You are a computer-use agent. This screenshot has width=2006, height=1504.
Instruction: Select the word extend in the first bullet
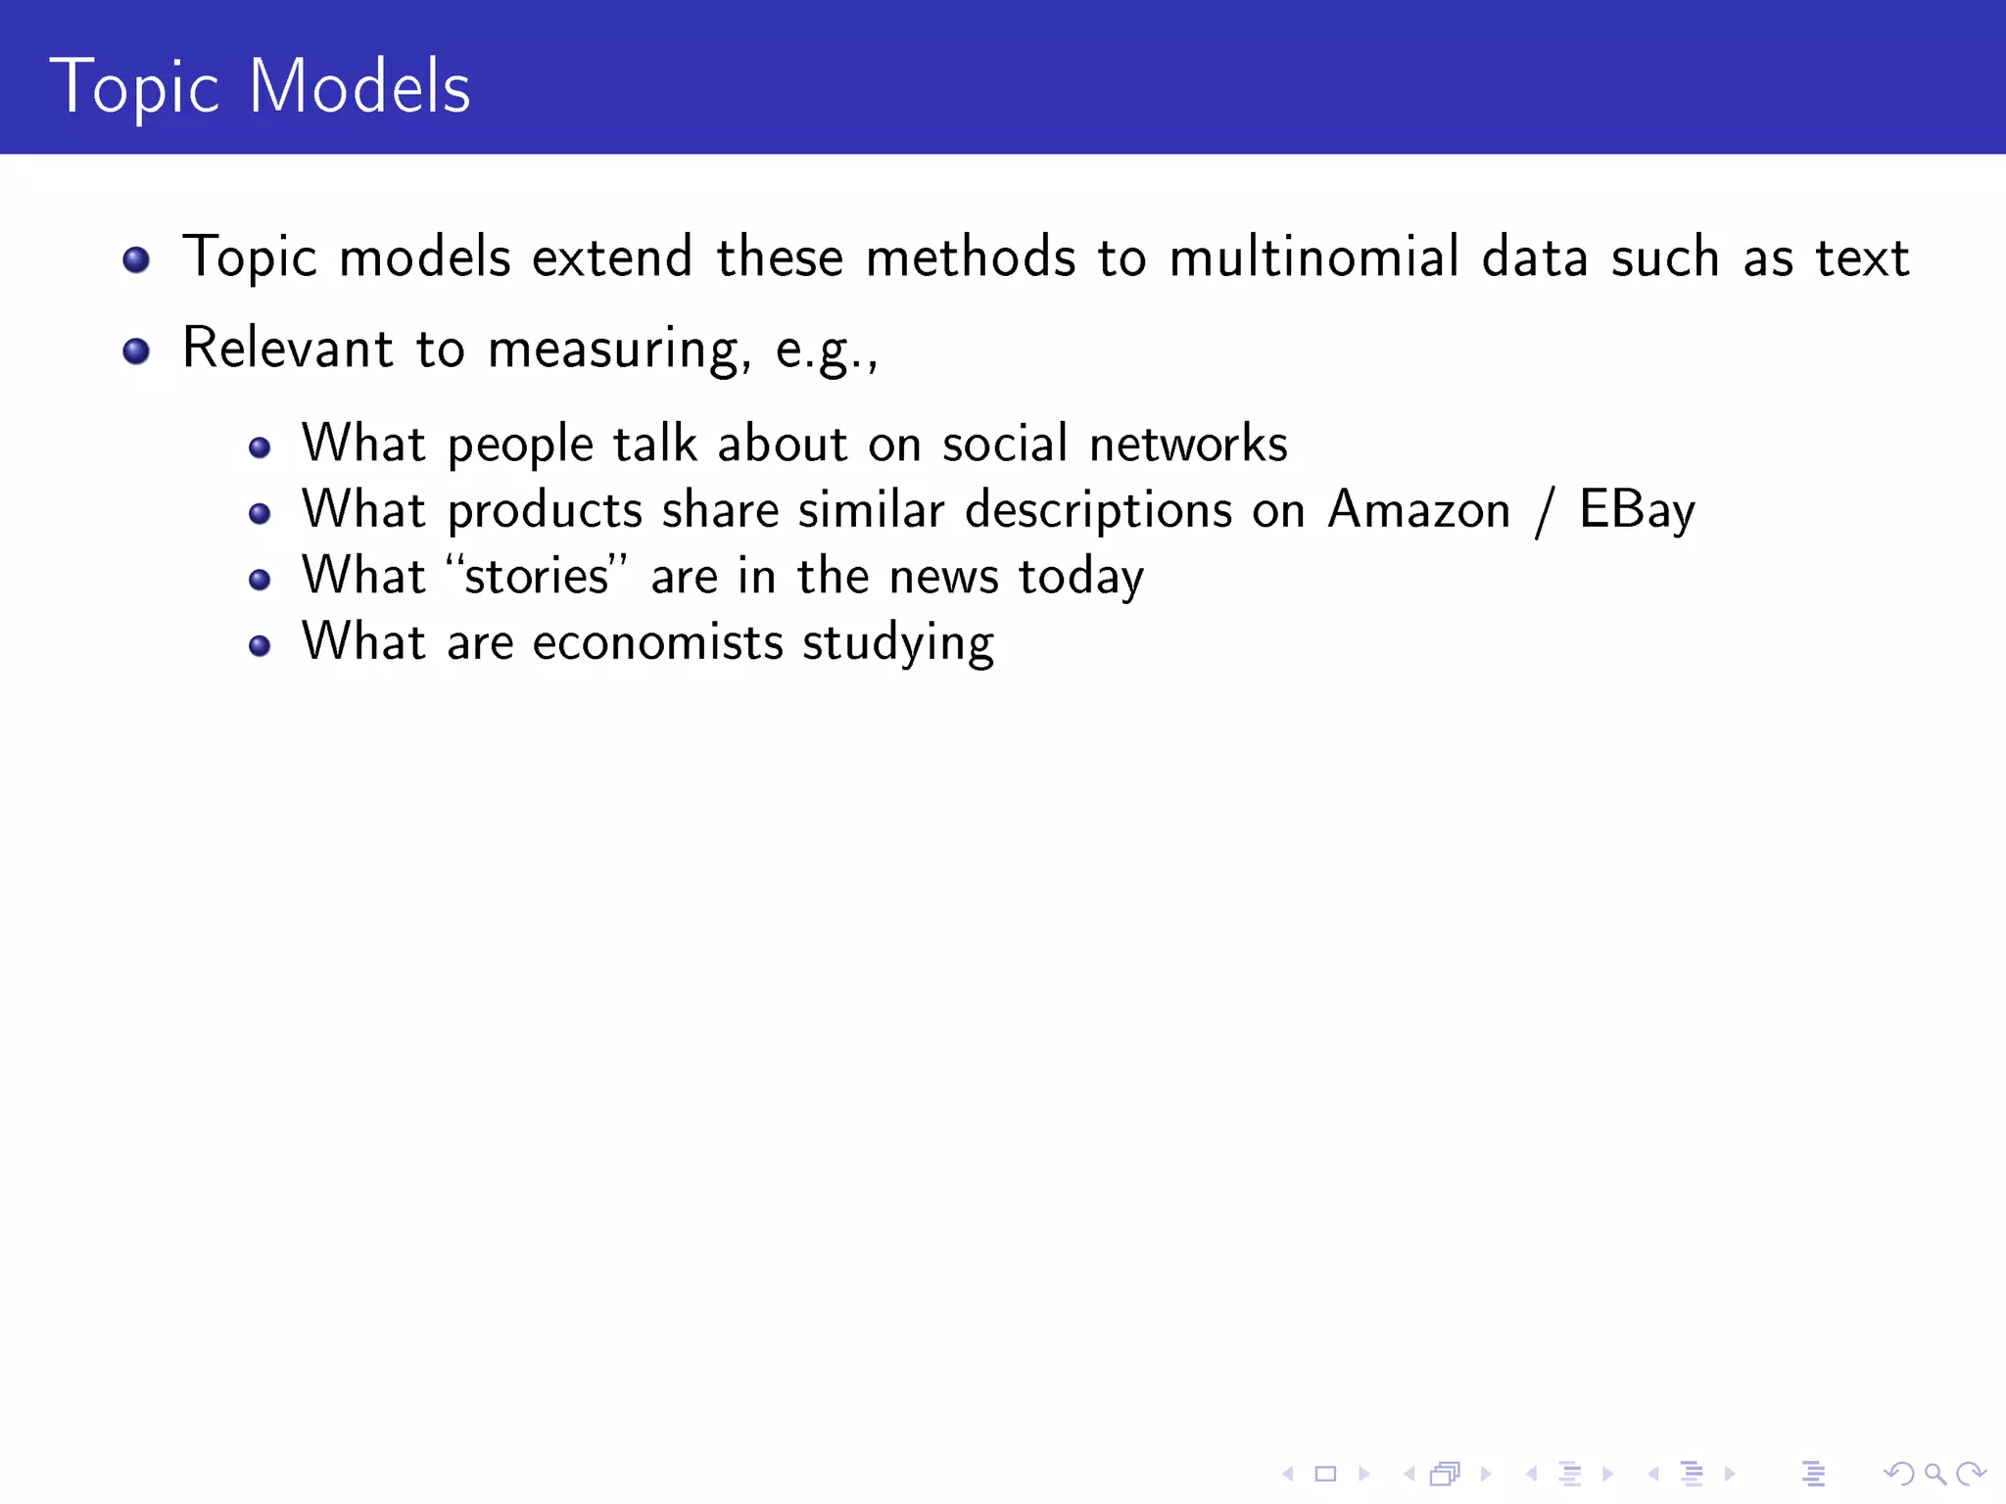pyautogui.click(x=612, y=258)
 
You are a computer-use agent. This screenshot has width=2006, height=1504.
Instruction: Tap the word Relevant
pyautogui.click(x=288, y=348)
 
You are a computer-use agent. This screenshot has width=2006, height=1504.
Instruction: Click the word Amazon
pyautogui.click(x=1418, y=510)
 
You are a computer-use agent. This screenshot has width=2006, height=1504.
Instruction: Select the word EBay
pyautogui.click(x=1637, y=511)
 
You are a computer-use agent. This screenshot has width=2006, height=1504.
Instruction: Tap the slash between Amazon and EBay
pyautogui.click(x=1545, y=512)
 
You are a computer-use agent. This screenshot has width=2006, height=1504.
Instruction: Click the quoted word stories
pyautogui.click(x=537, y=576)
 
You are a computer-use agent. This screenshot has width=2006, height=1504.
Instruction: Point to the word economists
pyautogui.click(x=657, y=642)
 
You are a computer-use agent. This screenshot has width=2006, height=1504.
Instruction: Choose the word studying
pyautogui.click(x=898, y=644)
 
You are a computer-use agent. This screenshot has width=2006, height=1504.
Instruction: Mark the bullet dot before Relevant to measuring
pyautogui.click(x=136, y=351)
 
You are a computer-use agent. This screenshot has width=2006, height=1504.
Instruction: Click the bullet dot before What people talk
pyautogui.click(x=260, y=448)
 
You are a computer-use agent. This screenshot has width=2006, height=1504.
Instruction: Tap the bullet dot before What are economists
pyautogui.click(x=260, y=645)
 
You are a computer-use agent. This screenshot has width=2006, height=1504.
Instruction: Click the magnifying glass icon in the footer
pyautogui.click(x=1934, y=1474)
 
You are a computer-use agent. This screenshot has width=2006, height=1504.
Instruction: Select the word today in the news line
pyautogui.click(x=1080, y=577)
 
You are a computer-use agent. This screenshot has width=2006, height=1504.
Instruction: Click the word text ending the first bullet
pyautogui.click(x=1862, y=258)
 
